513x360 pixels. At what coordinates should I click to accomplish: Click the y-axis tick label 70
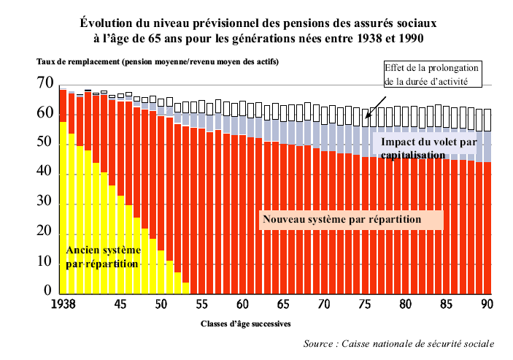[x=45, y=84]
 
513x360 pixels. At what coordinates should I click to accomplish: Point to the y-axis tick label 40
[x=45, y=172]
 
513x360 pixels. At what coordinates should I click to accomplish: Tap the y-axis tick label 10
[x=45, y=261]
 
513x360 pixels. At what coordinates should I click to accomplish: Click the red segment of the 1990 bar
[x=488, y=226]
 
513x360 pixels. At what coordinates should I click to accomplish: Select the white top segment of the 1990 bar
[x=488, y=120]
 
